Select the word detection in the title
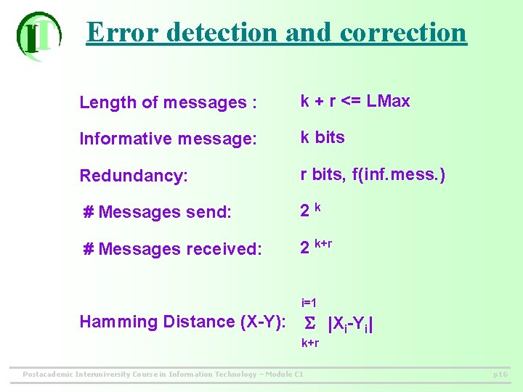tap(222, 32)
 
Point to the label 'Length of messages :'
tap(168, 103)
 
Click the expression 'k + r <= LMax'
tap(355, 102)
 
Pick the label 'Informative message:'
tap(168, 139)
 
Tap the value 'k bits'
tap(323, 137)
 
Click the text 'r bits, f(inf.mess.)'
tap(373, 174)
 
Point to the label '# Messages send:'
tap(157, 212)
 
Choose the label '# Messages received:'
tap(173, 249)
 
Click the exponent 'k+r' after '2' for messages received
tap(323, 243)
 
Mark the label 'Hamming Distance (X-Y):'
tap(182, 322)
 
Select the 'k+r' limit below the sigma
tap(310, 343)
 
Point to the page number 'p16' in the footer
tap(500, 375)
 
